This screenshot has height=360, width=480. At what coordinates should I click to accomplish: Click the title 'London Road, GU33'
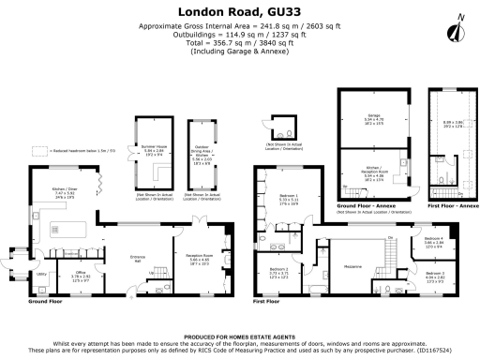(239, 10)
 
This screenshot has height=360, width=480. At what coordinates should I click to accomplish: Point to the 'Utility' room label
(41, 274)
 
